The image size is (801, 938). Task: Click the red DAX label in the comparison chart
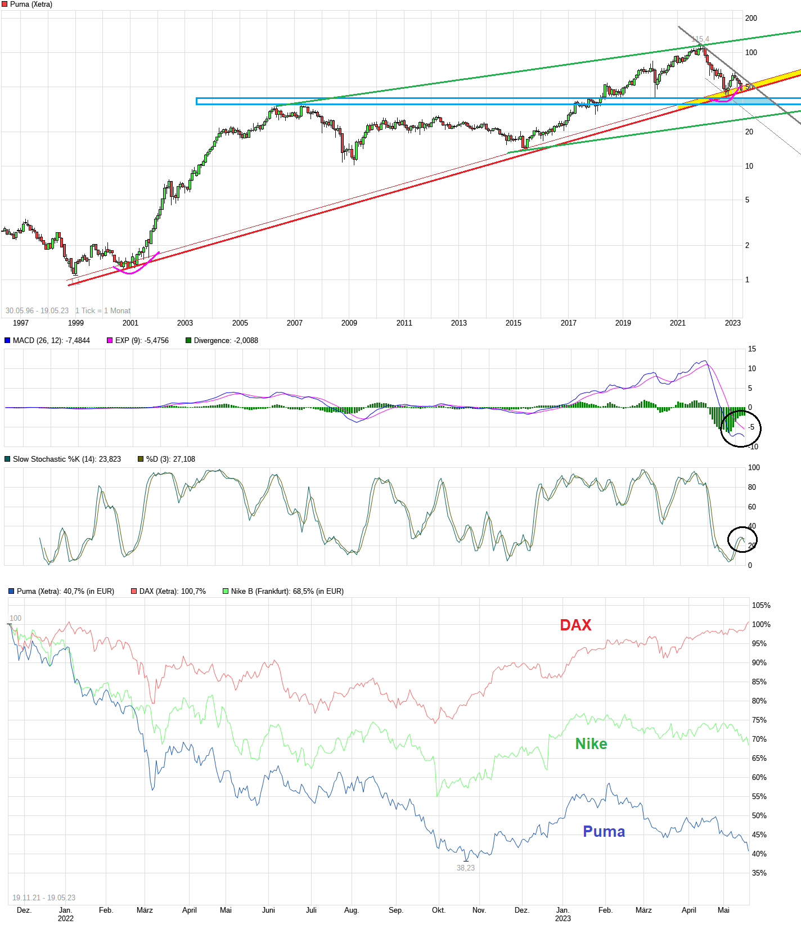[x=575, y=625]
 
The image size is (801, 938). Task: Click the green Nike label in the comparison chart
[x=591, y=744]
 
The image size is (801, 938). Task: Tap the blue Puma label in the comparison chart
[x=604, y=832]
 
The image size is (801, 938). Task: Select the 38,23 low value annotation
[x=466, y=868]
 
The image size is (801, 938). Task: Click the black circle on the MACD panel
[x=741, y=428]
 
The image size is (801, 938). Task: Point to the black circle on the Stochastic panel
[x=742, y=539]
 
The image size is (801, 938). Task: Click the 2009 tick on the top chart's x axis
[x=349, y=323]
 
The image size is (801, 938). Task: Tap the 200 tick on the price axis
[x=751, y=18]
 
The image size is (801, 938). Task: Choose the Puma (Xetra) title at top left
[x=31, y=4]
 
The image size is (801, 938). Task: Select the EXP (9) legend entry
[x=141, y=340]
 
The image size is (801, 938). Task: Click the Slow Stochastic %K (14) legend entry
[x=66, y=459]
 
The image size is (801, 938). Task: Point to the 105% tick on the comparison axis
[x=761, y=605]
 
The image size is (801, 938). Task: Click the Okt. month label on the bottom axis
[x=439, y=910]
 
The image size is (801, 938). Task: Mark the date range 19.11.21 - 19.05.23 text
[x=44, y=898]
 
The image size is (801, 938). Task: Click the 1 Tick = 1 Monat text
[x=103, y=310]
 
